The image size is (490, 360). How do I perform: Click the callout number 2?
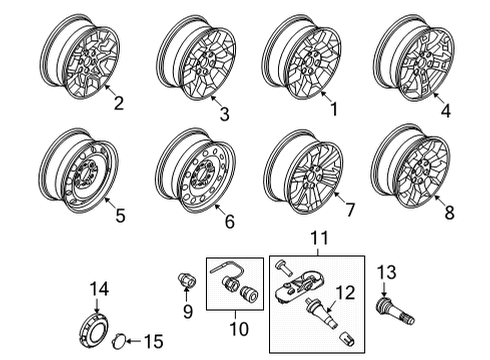tap(118, 101)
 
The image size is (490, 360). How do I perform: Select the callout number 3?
tap(224, 115)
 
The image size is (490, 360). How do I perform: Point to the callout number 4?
tap(445, 112)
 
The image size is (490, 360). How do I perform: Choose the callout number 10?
tap(236, 328)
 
